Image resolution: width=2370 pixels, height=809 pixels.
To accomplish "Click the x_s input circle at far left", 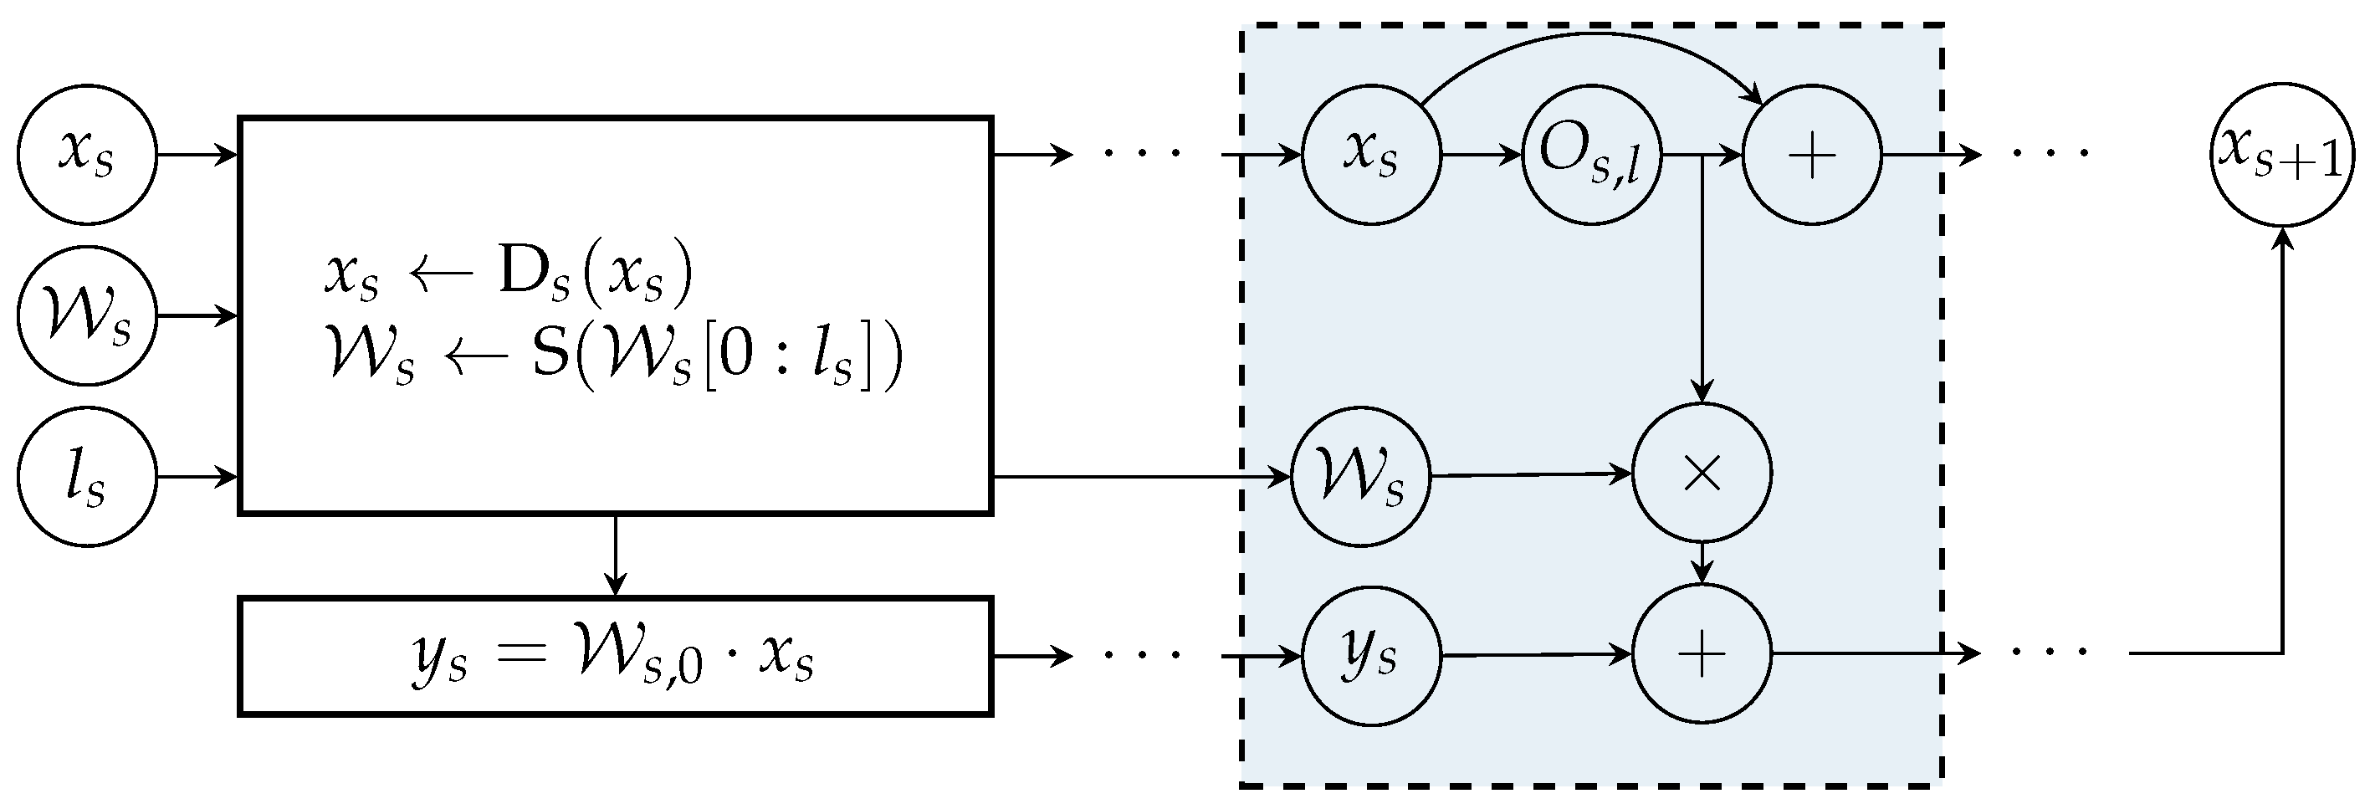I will point(87,154).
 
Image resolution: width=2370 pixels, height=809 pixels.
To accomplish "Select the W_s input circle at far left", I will point(87,316).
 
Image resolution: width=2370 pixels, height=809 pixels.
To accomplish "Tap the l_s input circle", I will point(87,477).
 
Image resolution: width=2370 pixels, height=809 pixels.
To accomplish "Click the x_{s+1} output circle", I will point(2280,154).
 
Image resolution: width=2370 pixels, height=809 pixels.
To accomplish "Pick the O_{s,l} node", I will point(1590,154).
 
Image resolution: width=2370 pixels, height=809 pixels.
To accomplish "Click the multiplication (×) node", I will point(1702,474).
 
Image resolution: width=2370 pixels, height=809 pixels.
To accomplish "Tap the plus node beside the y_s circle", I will point(1702,655).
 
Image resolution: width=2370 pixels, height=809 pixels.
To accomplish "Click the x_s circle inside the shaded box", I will point(1371,154).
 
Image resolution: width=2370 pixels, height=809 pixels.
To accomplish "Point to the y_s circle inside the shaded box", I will point(1371,655).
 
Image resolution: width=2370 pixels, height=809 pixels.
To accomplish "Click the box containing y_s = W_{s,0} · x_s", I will point(615,656).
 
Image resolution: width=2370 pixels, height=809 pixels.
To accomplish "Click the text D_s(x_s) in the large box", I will point(593,274).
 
